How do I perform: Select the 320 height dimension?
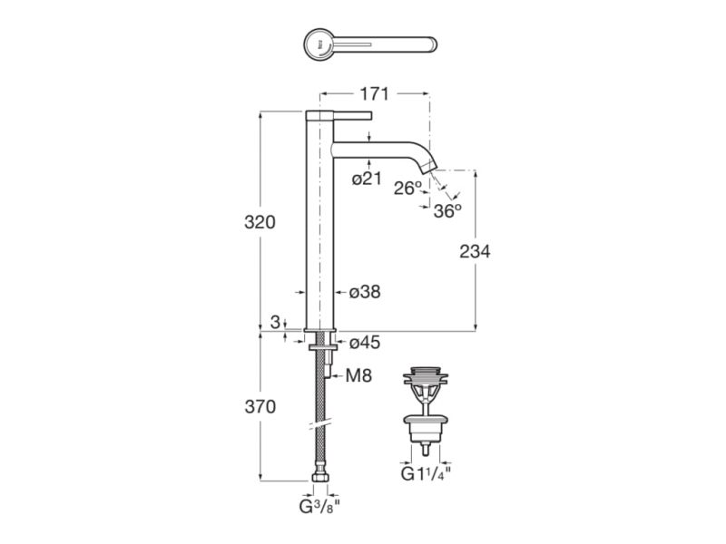[x=261, y=222]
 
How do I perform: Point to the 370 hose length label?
[x=260, y=407]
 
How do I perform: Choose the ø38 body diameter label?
[x=365, y=292]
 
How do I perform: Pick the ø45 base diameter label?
[x=365, y=343]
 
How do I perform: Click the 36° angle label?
[x=446, y=210]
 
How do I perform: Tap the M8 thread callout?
[x=359, y=374]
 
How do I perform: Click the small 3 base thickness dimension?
[x=275, y=322]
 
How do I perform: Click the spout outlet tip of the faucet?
[x=434, y=170]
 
